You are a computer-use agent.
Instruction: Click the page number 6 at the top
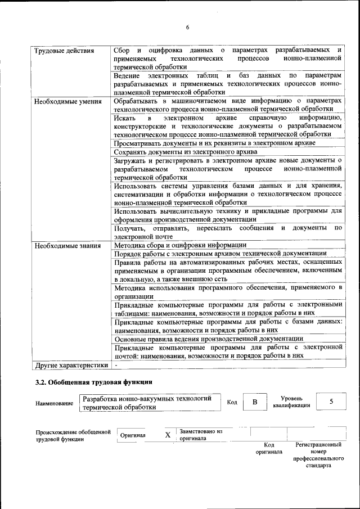[188, 28]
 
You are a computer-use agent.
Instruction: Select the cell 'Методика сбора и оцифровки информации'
[180, 245]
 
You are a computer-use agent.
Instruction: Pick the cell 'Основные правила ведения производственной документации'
[209, 339]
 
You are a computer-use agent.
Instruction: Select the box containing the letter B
[254, 402]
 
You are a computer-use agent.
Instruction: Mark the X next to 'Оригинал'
[167, 435]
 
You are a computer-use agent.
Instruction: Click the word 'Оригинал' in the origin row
[133, 435]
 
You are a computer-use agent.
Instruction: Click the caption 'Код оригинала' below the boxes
[269, 448]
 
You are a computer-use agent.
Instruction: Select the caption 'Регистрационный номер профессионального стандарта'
[318, 455]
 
